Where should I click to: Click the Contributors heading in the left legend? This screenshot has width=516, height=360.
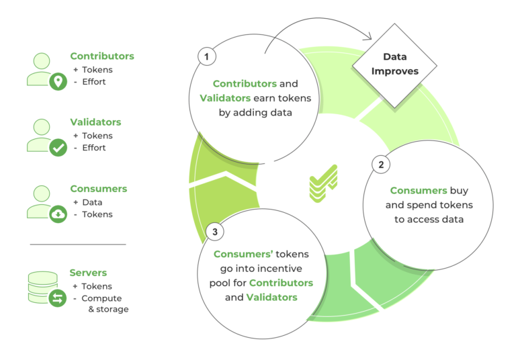102,56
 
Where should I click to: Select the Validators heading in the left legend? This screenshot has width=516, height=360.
95,122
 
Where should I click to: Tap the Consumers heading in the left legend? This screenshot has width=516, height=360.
98,189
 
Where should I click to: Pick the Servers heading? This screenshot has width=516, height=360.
88,273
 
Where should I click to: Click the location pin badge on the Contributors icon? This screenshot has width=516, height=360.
58,82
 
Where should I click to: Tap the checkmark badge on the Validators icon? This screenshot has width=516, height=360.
58,148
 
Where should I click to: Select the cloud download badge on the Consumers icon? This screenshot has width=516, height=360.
58,214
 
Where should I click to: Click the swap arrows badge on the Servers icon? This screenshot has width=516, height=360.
58,298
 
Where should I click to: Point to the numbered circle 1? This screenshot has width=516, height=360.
207,56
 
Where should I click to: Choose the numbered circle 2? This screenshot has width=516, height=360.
381,164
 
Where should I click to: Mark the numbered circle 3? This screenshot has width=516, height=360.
214,232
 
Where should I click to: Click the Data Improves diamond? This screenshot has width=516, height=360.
394,66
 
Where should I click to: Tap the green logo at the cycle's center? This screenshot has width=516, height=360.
323,183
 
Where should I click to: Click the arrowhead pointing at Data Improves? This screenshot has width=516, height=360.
368,36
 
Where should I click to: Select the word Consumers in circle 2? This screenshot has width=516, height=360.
419,191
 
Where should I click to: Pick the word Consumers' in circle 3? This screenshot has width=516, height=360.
243,254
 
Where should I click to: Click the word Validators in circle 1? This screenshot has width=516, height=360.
225,98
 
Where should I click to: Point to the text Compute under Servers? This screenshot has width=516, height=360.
101,298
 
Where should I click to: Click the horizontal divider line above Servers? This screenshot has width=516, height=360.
78,244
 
